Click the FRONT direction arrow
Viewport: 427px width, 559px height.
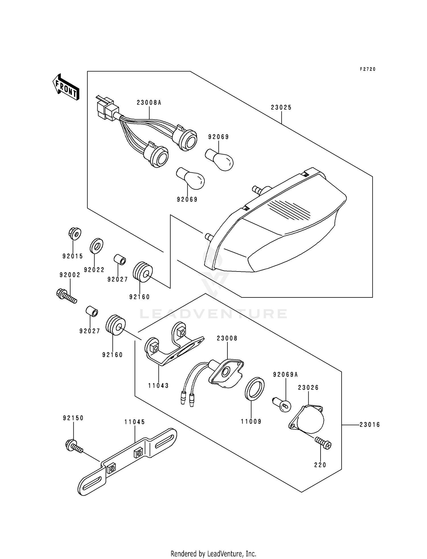click(65, 87)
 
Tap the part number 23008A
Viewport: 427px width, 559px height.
click(149, 103)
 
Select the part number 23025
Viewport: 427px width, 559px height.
click(281, 107)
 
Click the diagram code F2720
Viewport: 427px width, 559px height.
click(368, 69)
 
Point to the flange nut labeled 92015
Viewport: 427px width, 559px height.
click(75, 234)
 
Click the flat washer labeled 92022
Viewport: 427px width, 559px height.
click(97, 245)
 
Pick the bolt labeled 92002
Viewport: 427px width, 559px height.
click(67, 296)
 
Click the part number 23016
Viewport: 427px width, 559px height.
click(370, 425)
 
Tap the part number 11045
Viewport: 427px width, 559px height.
click(135, 422)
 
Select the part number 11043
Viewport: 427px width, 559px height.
click(159, 386)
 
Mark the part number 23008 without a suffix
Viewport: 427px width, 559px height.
click(227, 338)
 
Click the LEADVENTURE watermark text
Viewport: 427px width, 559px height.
click(213, 314)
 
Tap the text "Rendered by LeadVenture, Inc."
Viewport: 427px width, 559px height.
click(213, 554)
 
